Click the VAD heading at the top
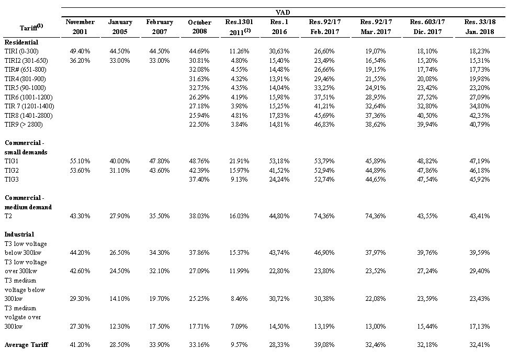[283, 13]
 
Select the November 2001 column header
[80, 27]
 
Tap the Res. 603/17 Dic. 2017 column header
[427, 27]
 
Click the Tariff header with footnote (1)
[31, 27]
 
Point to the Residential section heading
[21, 42]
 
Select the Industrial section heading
[19, 234]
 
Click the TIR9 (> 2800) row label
[24, 125]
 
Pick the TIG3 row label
[12, 179]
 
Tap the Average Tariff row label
[26, 344]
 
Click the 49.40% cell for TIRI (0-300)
[80, 51]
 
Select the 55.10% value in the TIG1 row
[80, 161]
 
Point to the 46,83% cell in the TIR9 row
[324, 125]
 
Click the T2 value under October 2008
[199, 216]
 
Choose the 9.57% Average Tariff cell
[239, 344]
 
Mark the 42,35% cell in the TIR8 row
[480, 115]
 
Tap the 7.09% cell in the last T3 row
[239, 327]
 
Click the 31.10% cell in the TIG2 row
[120, 170]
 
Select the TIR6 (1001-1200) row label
[28, 97]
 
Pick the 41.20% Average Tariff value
[80, 344]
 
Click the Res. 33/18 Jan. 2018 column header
[480, 27]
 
